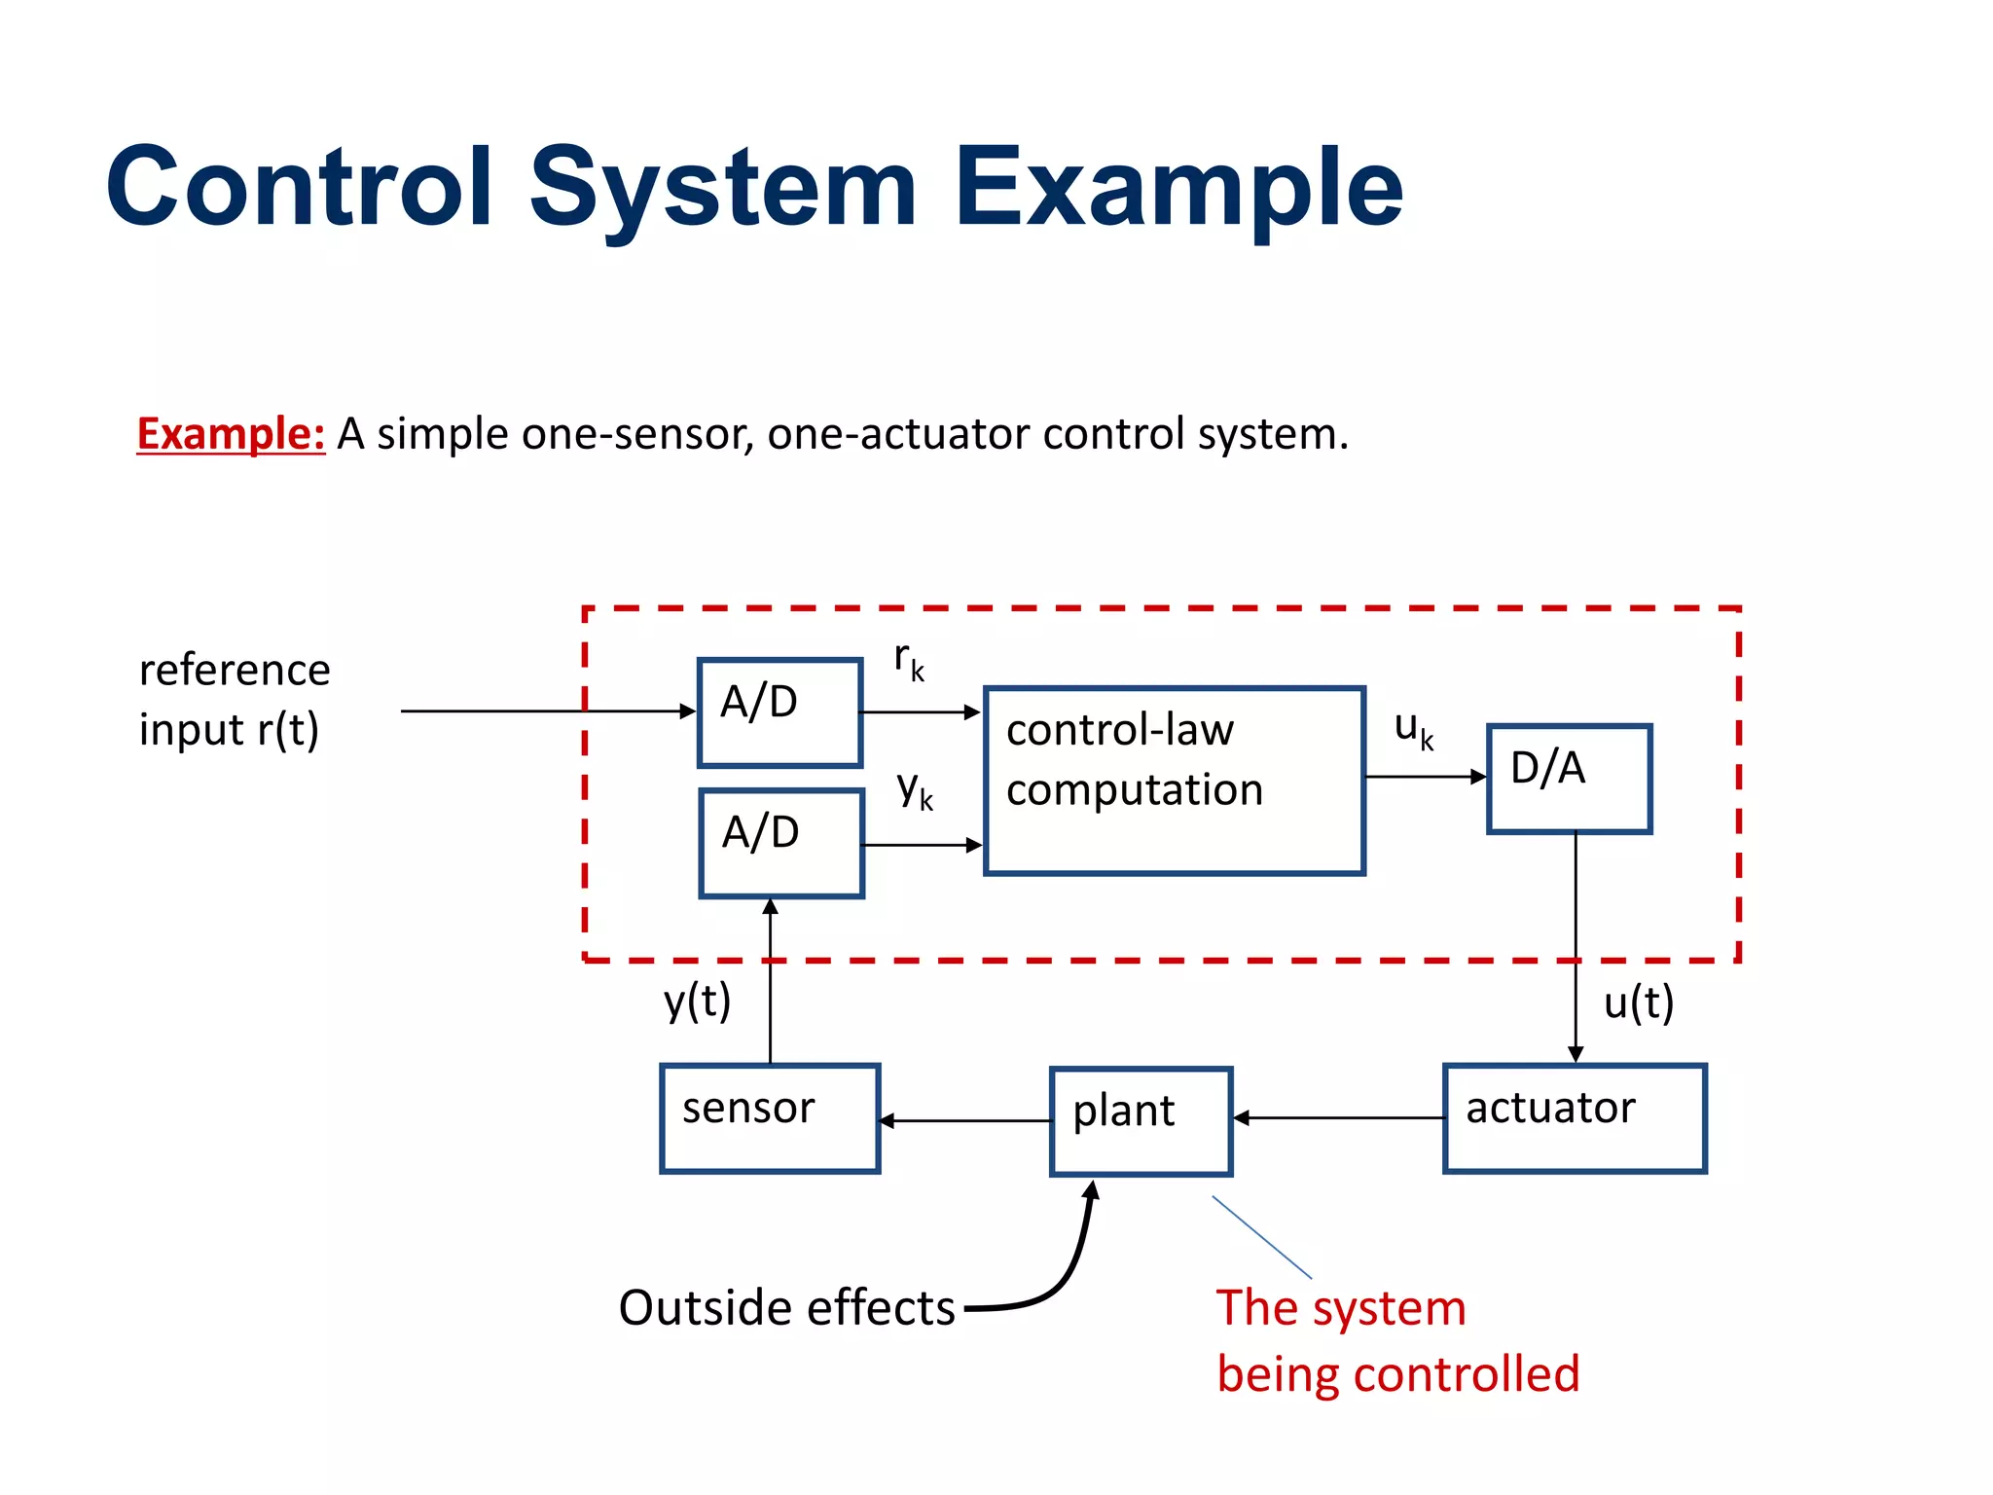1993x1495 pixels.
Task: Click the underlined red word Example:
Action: (231, 434)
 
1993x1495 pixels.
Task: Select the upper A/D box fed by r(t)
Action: (779, 712)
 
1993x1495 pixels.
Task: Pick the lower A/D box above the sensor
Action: (780, 842)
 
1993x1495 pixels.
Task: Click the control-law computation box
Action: (1174, 781)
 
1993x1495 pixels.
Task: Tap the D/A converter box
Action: (1569, 779)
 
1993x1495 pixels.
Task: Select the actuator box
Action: (1574, 1117)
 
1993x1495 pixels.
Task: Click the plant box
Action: (1141, 1120)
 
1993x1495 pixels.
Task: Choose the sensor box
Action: (769, 1117)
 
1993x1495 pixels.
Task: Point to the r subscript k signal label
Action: (909, 662)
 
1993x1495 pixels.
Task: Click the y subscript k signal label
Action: (915, 790)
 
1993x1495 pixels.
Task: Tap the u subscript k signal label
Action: (1413, 729)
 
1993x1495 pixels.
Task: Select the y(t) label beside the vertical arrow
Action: (697, 1002)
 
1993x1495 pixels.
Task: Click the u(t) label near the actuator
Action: (1638, 1003)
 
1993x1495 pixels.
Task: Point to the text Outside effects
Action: (786, 1307)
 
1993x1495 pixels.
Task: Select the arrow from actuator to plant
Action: (1339, 1118)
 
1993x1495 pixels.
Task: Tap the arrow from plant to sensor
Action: (965, 1121)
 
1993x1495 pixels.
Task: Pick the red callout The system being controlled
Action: (1396, 1341)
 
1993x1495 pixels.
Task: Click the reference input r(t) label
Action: (234, 700)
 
